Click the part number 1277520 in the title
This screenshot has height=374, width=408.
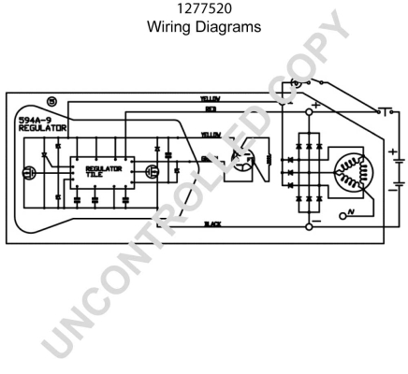(x=204, y=10)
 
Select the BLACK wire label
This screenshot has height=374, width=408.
(x=212, y=224)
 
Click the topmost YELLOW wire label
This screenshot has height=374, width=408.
(x=211, y=98)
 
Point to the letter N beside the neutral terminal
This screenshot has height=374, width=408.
(x=348, y=215)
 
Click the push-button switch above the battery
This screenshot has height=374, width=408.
(x=384, y=110)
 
